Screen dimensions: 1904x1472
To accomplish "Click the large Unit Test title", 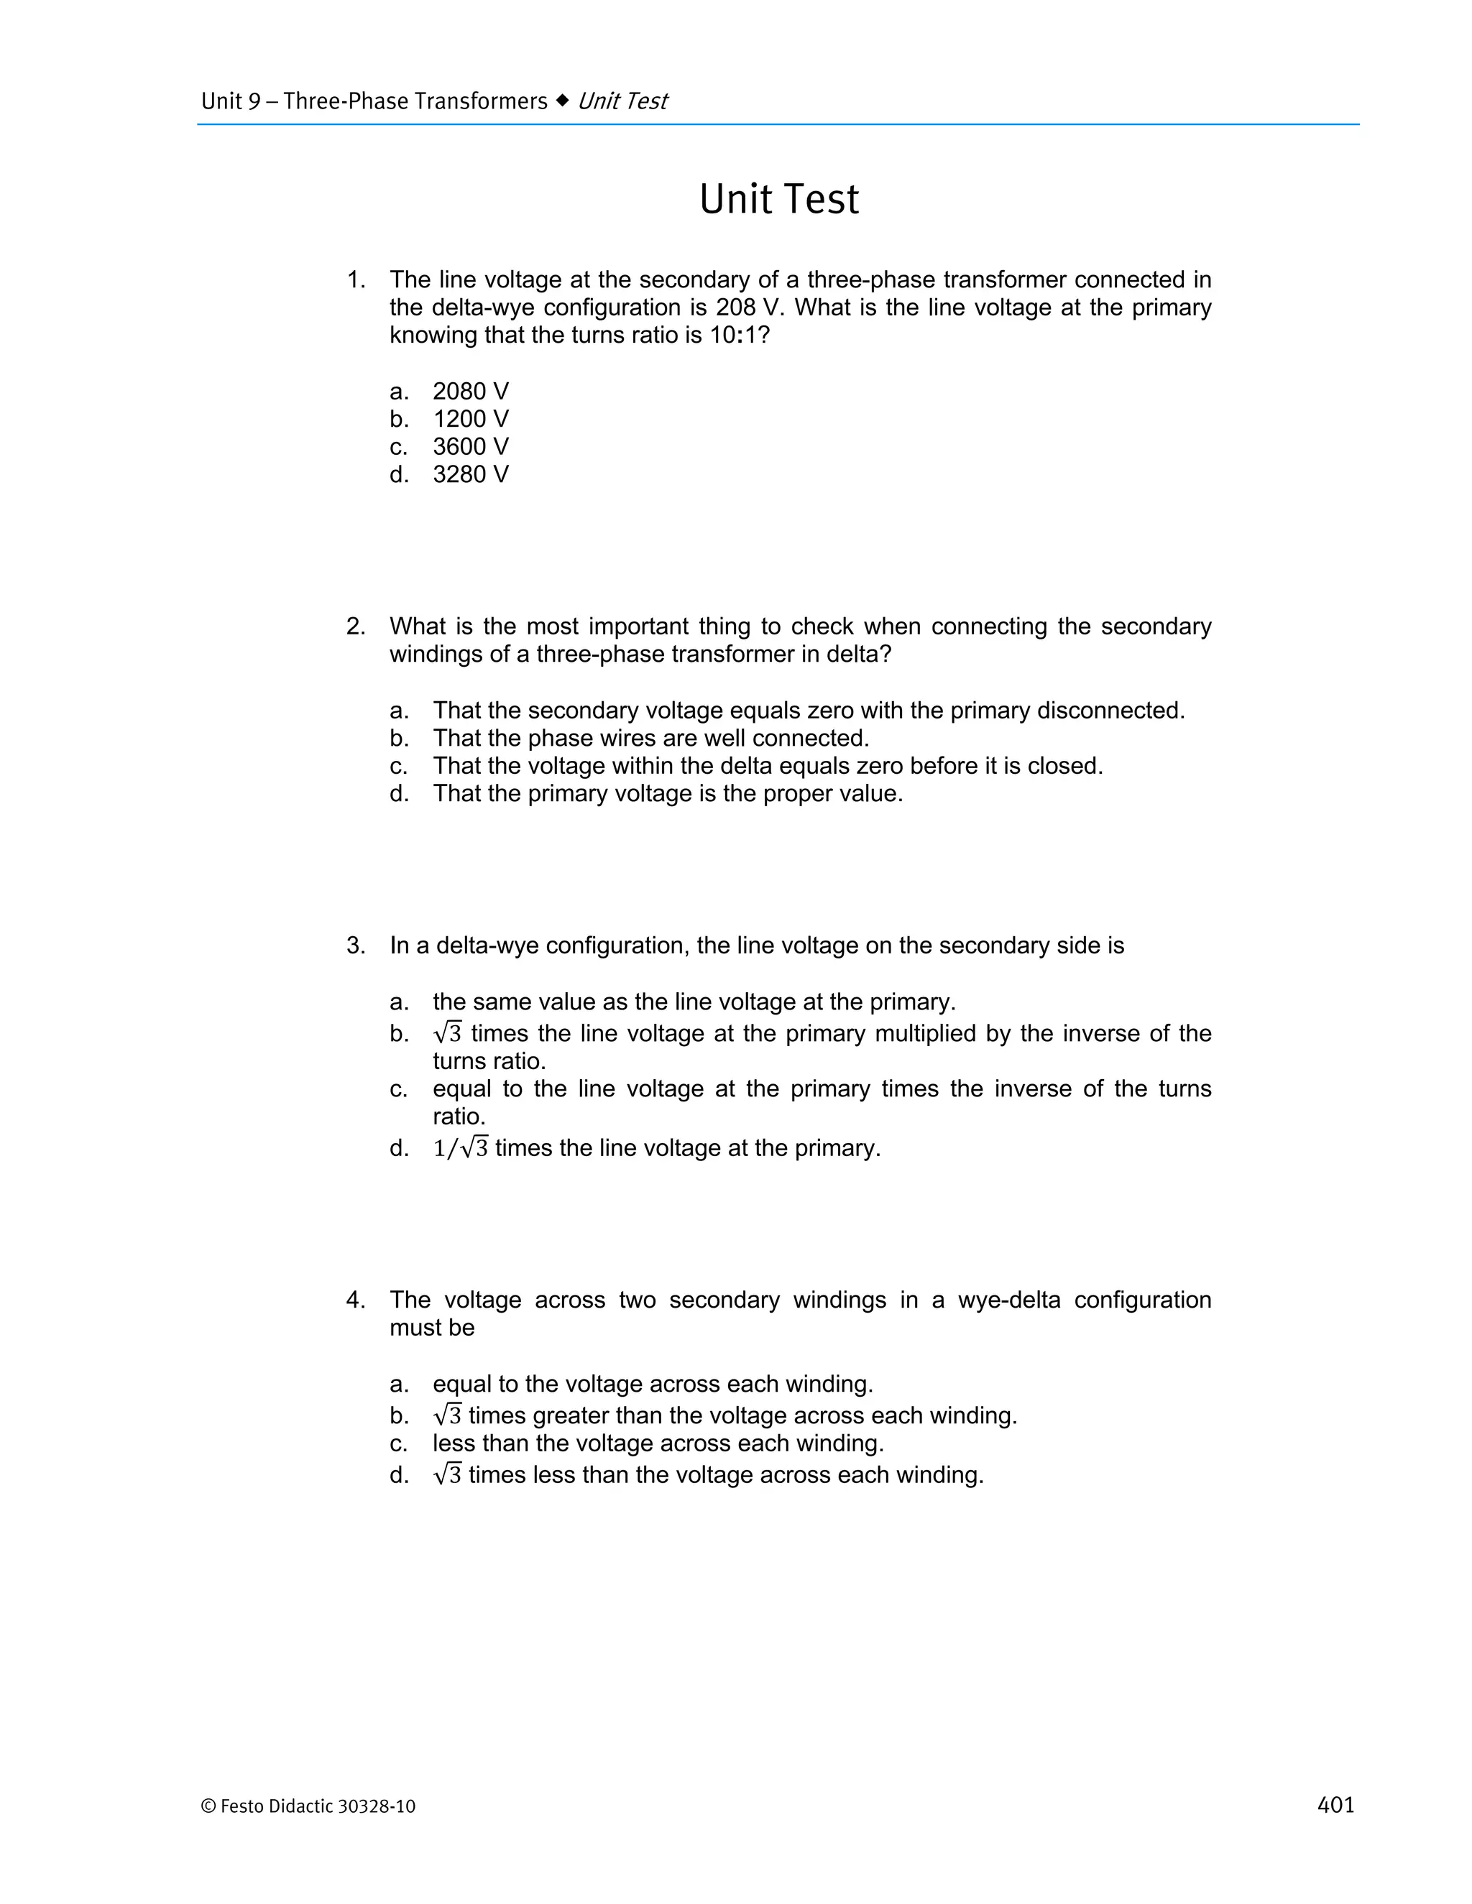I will pos(778,200).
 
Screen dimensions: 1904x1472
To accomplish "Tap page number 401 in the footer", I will pos(1335,1805).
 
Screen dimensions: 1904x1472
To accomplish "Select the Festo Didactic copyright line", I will pos(308,1806).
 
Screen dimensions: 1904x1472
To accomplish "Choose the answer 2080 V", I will pos(470,392).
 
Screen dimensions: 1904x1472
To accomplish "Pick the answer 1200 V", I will pos(470,420).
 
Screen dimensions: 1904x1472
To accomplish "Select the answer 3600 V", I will pos(470,447).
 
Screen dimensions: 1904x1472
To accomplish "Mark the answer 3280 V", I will pos(470,475).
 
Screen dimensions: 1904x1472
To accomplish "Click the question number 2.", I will pos(355,627).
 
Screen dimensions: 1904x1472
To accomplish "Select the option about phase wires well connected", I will pos(650,739).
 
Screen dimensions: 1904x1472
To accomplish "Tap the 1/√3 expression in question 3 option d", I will pos(461,1148).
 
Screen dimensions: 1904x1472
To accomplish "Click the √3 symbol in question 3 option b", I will pos(447,1033).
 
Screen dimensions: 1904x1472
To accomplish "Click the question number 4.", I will pos(355,1300).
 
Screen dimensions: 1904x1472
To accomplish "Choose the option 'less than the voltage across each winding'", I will pos(658,1443).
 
